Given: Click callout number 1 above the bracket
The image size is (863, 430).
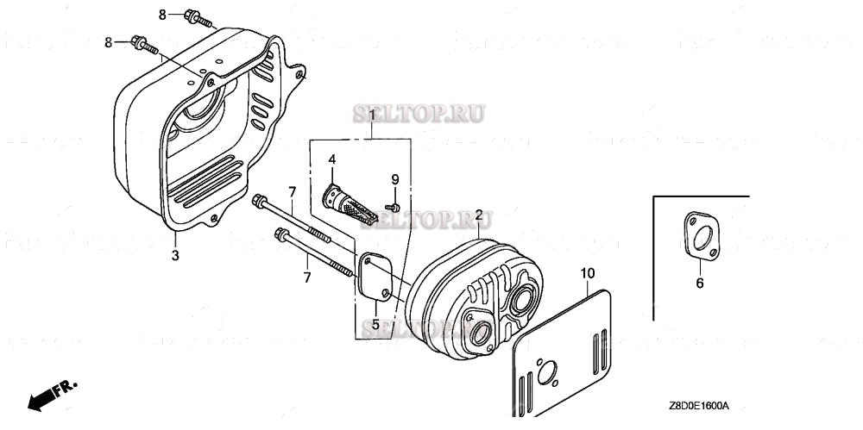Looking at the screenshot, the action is (371, 115).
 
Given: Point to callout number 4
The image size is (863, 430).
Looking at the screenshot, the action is (331, 159).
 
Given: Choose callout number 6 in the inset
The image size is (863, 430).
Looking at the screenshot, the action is (700, 283).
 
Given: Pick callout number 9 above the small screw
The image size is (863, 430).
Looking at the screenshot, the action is (395, 179).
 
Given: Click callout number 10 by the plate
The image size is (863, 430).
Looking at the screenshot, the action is (587, 274).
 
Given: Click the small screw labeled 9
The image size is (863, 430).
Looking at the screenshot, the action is (394, 206).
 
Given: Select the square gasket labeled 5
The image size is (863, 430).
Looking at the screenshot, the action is (377, 276).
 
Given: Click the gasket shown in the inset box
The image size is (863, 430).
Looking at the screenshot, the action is (700, 238).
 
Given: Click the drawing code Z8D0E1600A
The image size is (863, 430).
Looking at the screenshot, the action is (698, 406).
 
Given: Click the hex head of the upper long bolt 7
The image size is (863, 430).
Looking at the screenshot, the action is (257, 202).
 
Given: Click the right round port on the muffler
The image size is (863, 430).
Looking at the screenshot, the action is (520, 302).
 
